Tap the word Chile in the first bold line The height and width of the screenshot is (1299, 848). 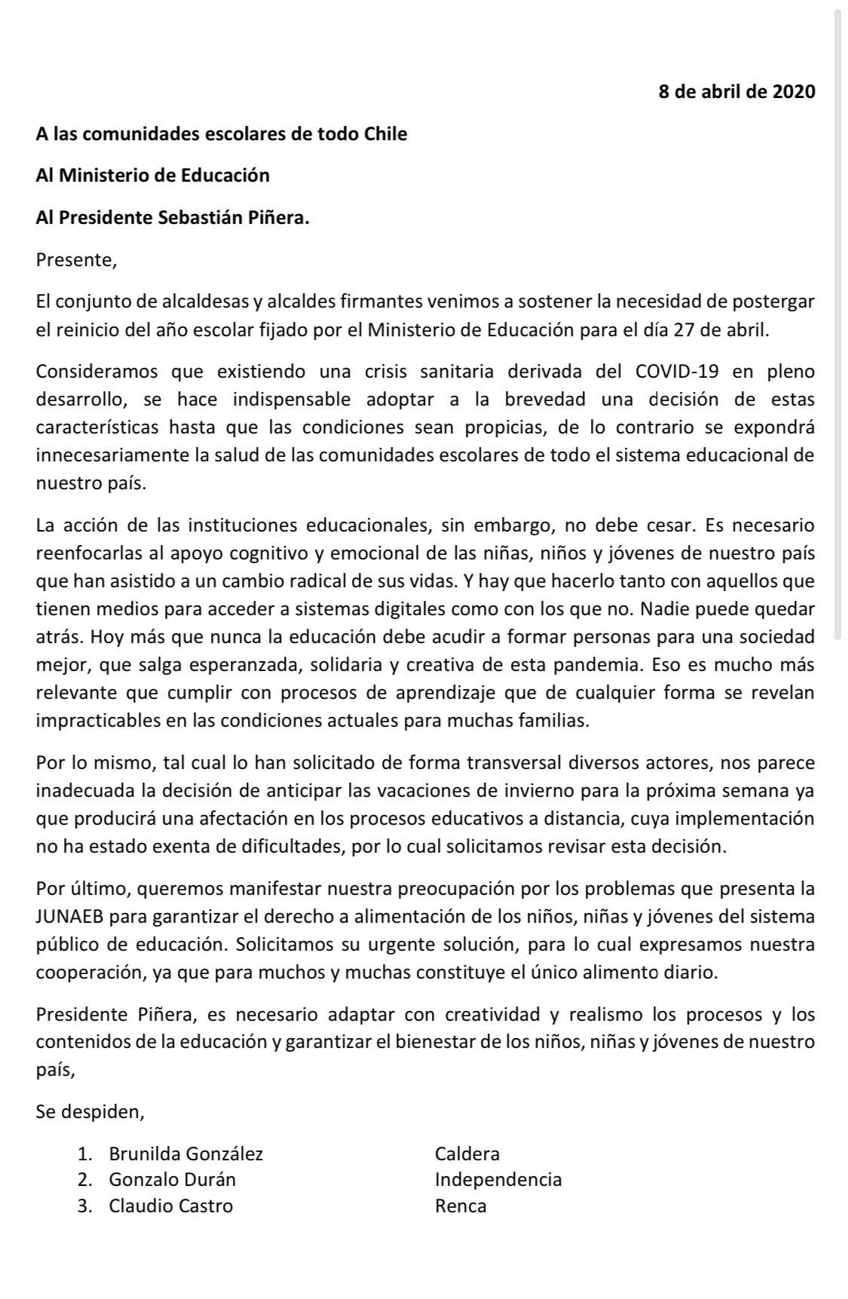tap(385, 134)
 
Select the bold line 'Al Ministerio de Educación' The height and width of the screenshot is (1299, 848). tap(152, 176)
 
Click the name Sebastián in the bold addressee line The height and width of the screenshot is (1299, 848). tap(202, 218)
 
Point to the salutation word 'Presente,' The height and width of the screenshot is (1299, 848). tap(76, 261)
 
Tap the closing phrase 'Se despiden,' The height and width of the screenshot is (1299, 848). tap(90, 1112)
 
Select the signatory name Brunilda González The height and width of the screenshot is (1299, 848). tap(185, 1153)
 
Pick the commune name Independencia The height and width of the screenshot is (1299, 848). tap(498, 1180)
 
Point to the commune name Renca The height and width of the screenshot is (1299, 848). tap(461, 1206)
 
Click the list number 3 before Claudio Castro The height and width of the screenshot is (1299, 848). tap(84, 1206)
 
